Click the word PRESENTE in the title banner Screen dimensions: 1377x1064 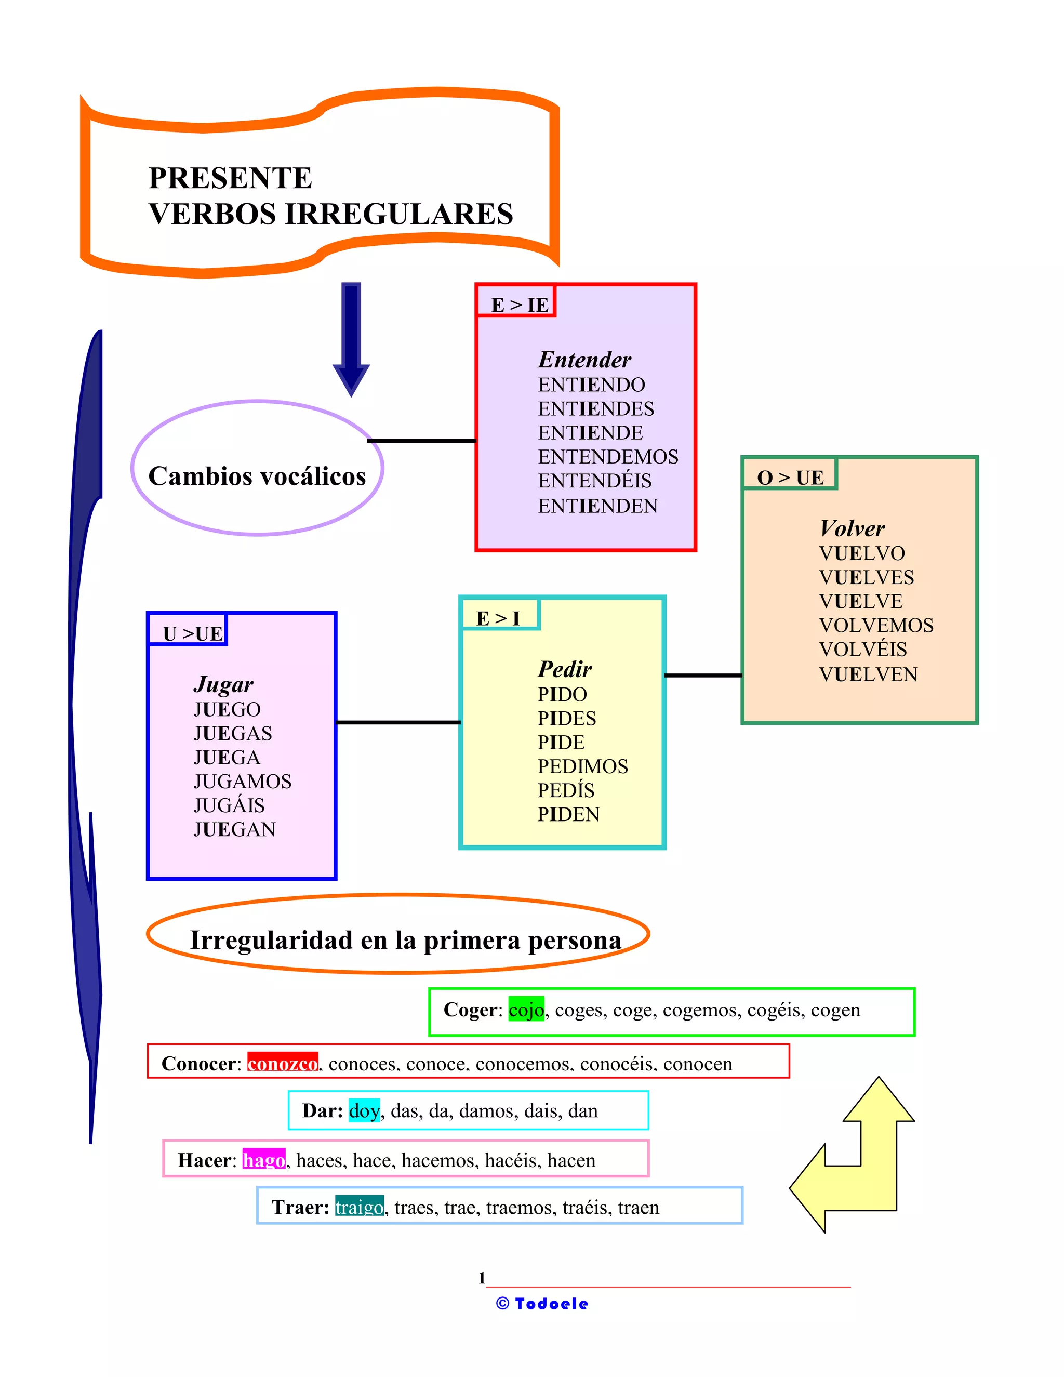point(230,178)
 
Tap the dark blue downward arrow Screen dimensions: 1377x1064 point(351,337)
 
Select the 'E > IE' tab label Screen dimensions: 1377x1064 point(520,304)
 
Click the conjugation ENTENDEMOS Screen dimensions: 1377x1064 point(608,456)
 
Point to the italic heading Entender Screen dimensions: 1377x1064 point(584,360)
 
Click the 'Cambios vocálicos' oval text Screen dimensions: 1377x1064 point(257,476)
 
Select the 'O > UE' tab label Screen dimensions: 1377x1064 point(790,478)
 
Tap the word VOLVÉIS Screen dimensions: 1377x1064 point(862,649)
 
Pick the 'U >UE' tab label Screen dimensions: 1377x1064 point(192,633)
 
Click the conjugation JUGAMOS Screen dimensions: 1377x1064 point(242,781)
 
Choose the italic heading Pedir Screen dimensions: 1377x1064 point(564,668)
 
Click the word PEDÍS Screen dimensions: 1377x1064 point(565,790)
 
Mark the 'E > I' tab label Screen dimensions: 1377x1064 point(498,618)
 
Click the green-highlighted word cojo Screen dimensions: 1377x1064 point(526,1010)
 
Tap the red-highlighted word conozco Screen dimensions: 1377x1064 point(283,1064)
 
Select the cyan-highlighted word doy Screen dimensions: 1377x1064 point(364,1110)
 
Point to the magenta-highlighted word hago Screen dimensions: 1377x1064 point(263,1160)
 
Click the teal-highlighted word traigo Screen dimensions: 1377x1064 point(358,1207)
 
